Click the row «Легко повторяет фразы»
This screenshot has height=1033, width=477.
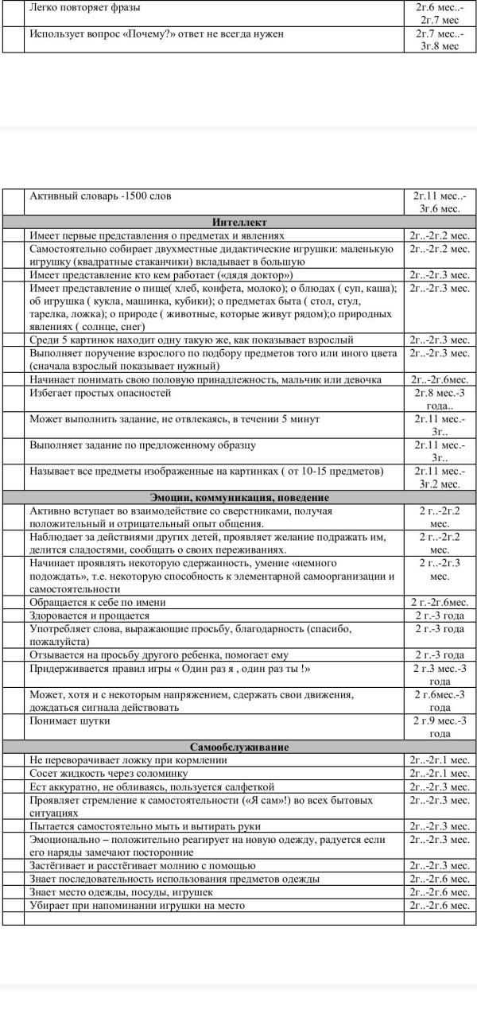[84, 8]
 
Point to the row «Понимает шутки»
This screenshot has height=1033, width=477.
[70, 720]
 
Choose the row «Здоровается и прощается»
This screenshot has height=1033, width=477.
[89, 616]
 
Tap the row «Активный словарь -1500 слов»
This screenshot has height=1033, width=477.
[100, 196]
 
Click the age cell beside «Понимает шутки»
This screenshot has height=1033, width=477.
[440, 727]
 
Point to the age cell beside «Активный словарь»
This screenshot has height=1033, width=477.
[440, 202]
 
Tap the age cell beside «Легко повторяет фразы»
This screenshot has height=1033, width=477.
[440, 14]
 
